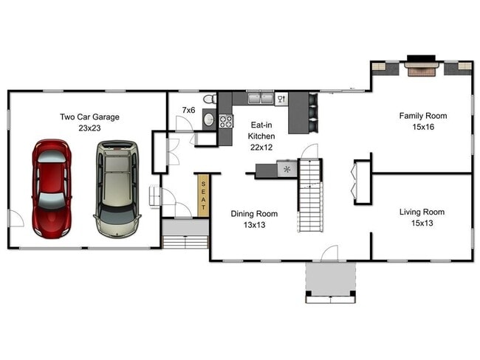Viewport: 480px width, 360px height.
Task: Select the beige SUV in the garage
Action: point(117,184)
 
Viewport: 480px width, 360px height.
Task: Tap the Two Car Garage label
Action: point(89,117)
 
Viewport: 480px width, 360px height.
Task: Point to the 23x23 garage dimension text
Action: point(89,128)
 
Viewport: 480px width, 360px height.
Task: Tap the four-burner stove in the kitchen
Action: point(225,121)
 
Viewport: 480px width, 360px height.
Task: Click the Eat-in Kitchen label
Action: point(261,131)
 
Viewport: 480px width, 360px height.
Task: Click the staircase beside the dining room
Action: point(311,195)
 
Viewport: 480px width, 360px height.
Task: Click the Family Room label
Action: point(422,116)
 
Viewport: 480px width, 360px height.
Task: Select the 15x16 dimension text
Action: point(422,127)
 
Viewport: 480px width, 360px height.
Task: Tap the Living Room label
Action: point(422,212)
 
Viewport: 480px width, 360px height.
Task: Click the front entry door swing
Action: point(329,254)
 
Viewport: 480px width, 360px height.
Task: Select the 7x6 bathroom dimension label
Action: point(188,110)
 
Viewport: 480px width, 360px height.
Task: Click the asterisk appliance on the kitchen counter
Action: point(286,170)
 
